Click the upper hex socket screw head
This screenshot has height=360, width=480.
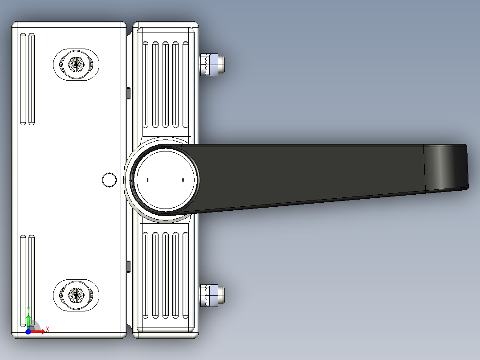[x=76, y=65]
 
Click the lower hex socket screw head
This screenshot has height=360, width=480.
[x=76, y=294]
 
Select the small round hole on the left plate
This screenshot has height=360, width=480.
[x=109, y=180]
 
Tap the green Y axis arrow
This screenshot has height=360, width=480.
[x=28, y=320]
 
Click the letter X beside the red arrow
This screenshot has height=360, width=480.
[x=47, y=329]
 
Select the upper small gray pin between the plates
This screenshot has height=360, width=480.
[x=128, y=93]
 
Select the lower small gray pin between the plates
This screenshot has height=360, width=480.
[x=128, y=266]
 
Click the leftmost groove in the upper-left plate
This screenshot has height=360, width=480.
[x=22, y=79]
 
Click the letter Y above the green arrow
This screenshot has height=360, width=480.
[x=28, y=309]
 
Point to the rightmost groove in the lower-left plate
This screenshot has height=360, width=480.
[x=32, y=276]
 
